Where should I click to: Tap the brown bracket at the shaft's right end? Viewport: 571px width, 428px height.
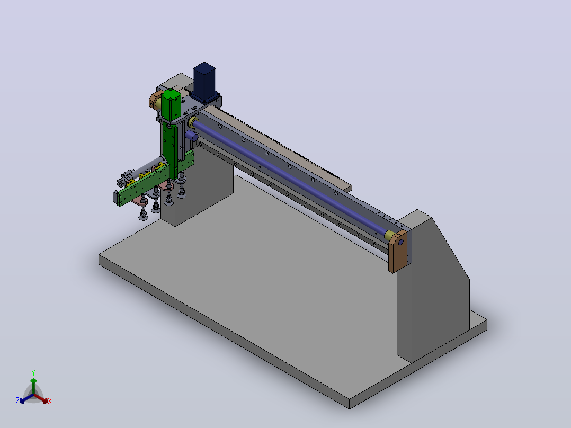[x=398, y=251]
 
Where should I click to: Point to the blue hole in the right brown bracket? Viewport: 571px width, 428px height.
[x=400, y=242]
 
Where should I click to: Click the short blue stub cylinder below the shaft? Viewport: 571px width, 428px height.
[x=191, y=136]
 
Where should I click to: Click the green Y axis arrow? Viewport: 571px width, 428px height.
[x=33, y=386]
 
